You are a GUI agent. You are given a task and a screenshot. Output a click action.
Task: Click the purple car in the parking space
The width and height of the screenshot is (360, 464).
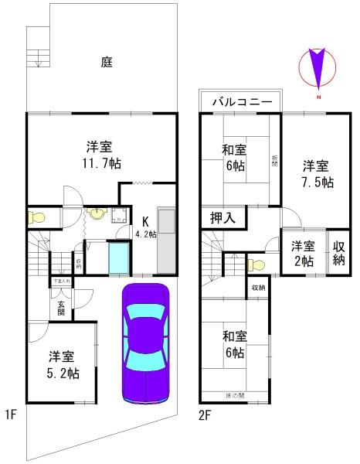145,344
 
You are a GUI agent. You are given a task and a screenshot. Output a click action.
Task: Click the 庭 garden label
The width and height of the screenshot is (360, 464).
107,62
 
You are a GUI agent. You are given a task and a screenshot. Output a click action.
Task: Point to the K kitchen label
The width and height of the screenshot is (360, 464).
144,219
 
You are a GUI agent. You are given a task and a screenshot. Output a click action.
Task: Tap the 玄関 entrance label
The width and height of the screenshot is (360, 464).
60,308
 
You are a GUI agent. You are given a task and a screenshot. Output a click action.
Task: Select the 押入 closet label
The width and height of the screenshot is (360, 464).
223,218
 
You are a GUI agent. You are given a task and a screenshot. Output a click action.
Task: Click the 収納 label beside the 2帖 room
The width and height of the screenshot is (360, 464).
338,254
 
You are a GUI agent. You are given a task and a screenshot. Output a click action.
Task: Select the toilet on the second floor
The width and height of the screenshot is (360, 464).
256,265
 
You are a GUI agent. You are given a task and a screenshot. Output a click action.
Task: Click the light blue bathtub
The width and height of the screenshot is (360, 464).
119,258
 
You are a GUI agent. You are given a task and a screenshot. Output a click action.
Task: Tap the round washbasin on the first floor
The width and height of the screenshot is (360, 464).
97,214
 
